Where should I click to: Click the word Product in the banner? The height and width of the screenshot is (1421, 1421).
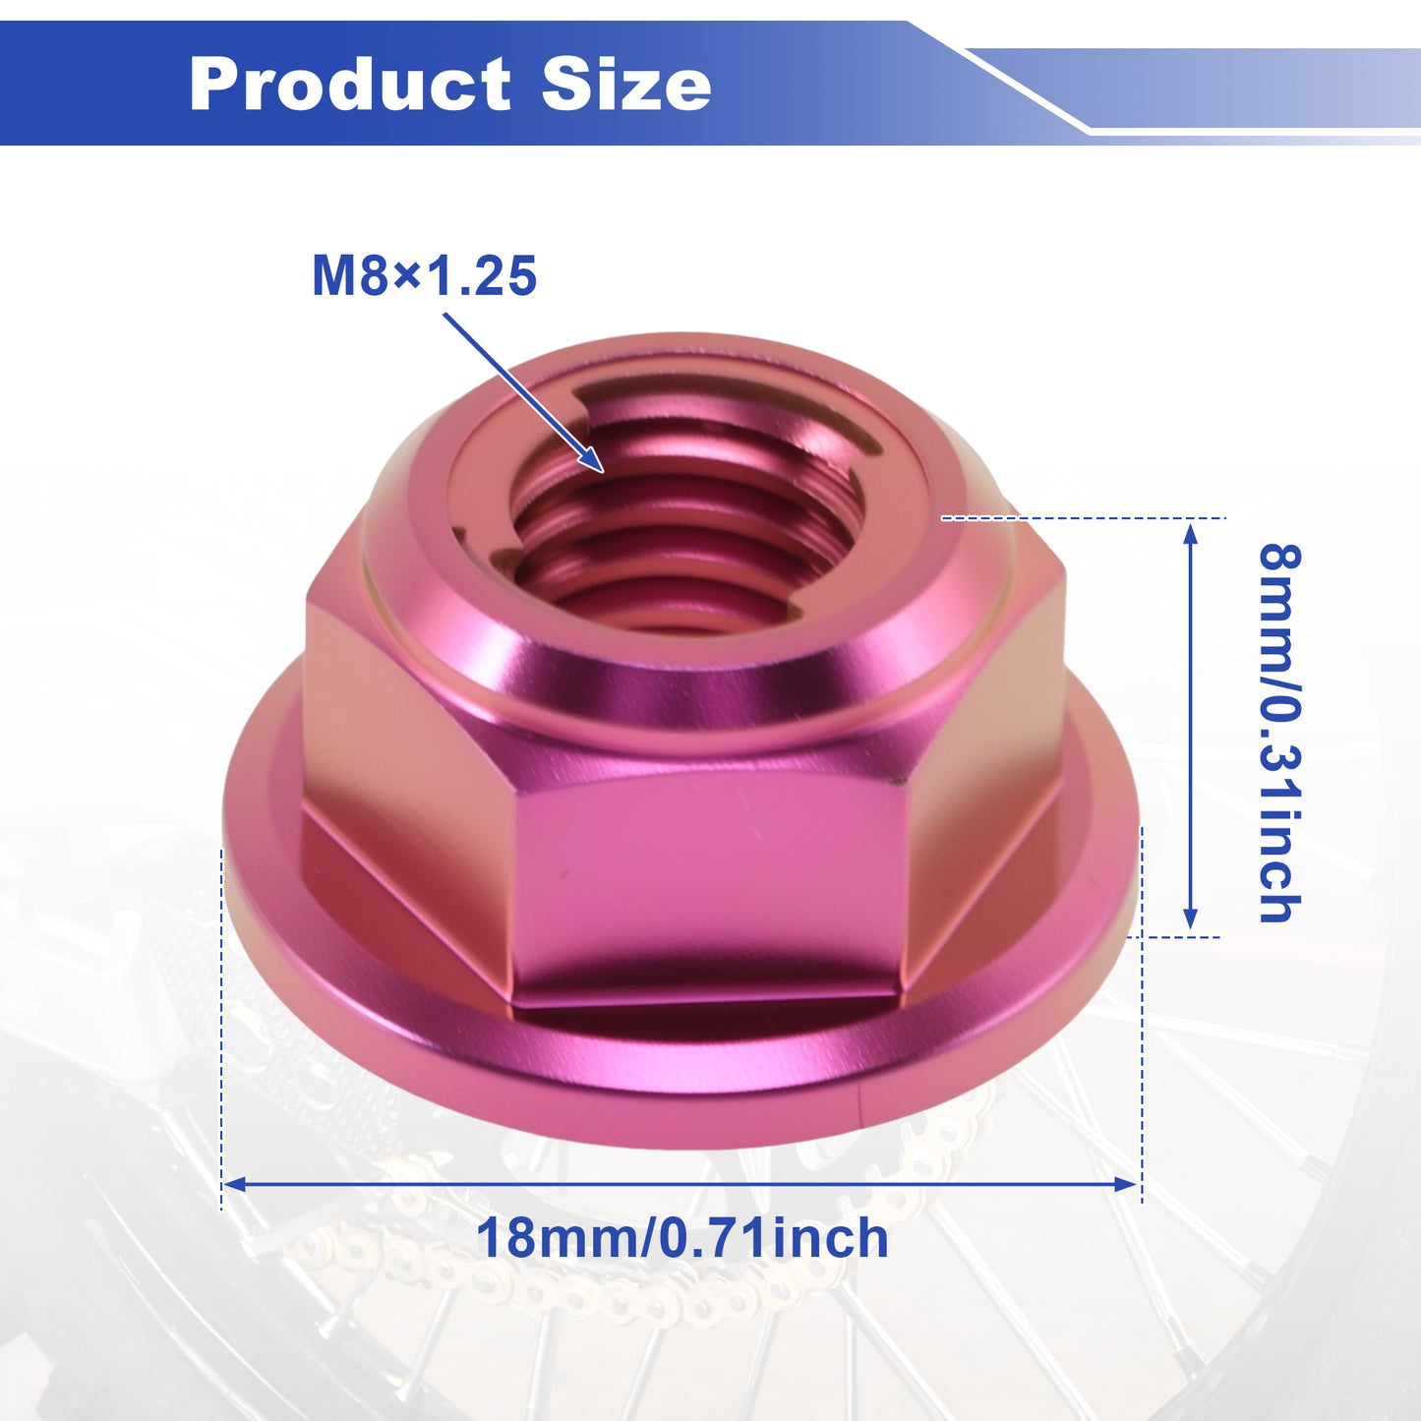pyautogui.click(x=349, y=84)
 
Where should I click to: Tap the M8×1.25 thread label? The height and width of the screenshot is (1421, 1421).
pyautogui.click(x=424, y=275)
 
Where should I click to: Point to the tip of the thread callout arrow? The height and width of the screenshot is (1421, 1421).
pyautogui.click(x=603, y=471)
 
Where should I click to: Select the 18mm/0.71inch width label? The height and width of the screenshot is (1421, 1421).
pyautogui.click(x=682, y=1239)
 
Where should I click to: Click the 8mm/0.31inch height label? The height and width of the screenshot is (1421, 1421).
pyautogui.click(x=1280, y=733)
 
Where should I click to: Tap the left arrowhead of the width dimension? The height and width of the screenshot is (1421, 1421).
pyautogui.click(x=234, y=1184)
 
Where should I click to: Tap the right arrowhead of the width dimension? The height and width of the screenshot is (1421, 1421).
pyautogui.click(x=1128, y=1184)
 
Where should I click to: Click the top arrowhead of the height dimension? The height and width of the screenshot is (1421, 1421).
pyautogui.click(x=1190, y=533)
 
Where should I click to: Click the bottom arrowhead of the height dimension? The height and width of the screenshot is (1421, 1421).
pyautogui.click(x=1190, y=918)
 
